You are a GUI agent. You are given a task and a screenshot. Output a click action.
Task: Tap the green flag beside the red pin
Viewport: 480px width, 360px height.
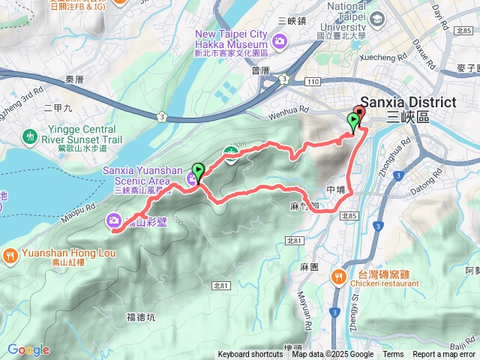352,122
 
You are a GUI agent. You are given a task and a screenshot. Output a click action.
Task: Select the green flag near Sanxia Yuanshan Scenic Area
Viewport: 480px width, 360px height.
198,172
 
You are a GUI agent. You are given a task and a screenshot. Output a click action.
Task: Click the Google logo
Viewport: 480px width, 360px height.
28,349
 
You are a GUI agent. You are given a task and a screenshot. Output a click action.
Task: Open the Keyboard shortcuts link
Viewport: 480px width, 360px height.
250,355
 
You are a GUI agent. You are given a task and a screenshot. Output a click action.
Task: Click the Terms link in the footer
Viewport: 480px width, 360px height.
393,355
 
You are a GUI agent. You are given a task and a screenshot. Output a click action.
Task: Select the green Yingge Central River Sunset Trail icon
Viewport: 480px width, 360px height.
29,137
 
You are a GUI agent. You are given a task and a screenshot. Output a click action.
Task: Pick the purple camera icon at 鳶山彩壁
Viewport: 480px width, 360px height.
113,220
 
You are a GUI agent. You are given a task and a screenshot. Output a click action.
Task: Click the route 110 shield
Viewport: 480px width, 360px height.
313,81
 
